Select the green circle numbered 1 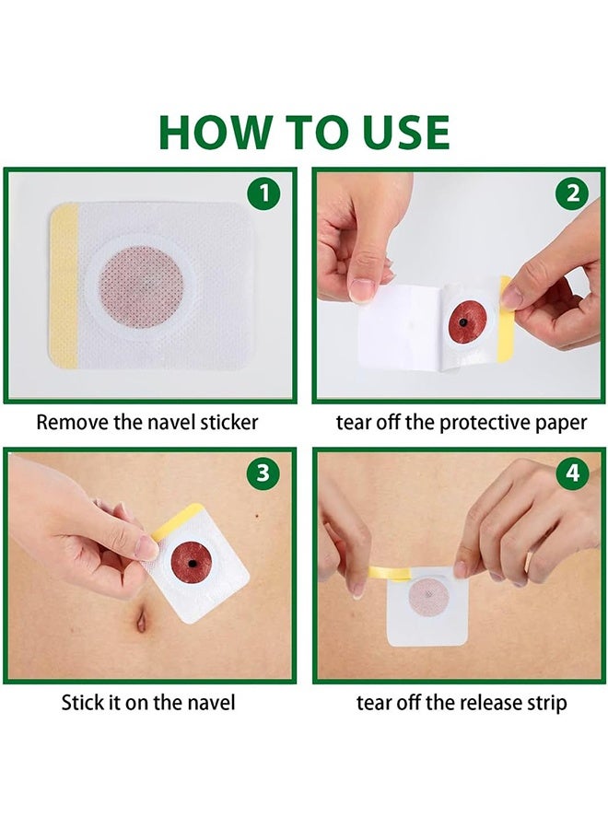[263, 193]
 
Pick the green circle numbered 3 [263, 473]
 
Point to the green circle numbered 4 [573, 473]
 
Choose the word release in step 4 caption [480, 703]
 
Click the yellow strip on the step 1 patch [64, 286]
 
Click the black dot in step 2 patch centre [463, 322]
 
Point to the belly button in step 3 [141, 622]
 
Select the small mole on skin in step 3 [257, 516]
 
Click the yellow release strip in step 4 [391, 572]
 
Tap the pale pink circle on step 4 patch [428, 599]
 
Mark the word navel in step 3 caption [210, 703]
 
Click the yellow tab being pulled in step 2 [505, 319]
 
